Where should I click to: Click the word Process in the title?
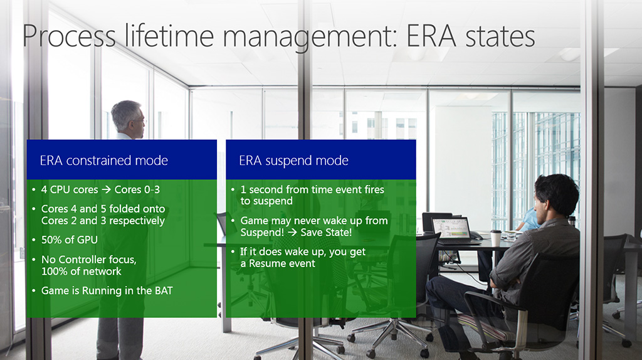point(69,36)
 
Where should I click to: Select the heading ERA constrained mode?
point(103,160)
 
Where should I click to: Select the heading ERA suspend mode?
point(293,161)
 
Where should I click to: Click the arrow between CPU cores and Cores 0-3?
point(106,189)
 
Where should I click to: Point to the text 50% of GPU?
point(69,240)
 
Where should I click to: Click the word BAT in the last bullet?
point(164,291)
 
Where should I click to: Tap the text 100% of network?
point(81,271)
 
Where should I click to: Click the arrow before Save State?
point(292,233)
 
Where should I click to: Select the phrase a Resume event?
point(278,263)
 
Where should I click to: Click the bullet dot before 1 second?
point(233,189)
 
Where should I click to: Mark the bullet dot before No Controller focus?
point(34,260)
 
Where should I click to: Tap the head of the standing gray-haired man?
point(128,117)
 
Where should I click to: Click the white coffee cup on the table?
point(495,238)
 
